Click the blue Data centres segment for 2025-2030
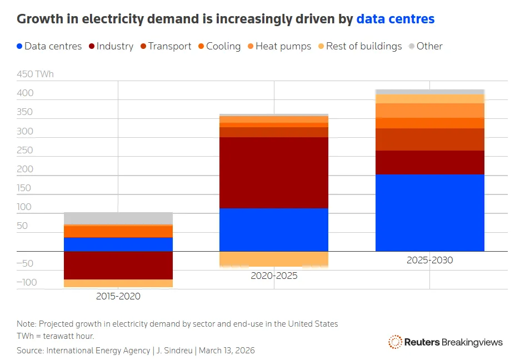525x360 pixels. point(429,213)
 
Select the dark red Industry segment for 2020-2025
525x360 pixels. point(273,173)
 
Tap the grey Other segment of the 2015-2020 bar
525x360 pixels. point(118,218)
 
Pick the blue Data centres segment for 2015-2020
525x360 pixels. point(118,244)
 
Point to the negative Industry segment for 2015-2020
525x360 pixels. point(118,265)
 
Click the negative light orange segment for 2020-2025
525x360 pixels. point(273,259)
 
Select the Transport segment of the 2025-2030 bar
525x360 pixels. point(429,139)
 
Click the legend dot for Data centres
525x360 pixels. point(19,47)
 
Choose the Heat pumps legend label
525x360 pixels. point(283,46)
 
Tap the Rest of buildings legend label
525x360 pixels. point(363,46)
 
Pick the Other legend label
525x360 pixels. point(429,46)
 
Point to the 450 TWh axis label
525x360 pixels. point(36,74)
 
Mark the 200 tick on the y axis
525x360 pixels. point(25,169)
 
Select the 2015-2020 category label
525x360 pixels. point(118,296)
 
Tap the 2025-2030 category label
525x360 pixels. point(429,260)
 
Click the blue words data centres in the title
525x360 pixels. point(395,19)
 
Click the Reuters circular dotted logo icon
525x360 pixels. point(395,342)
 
